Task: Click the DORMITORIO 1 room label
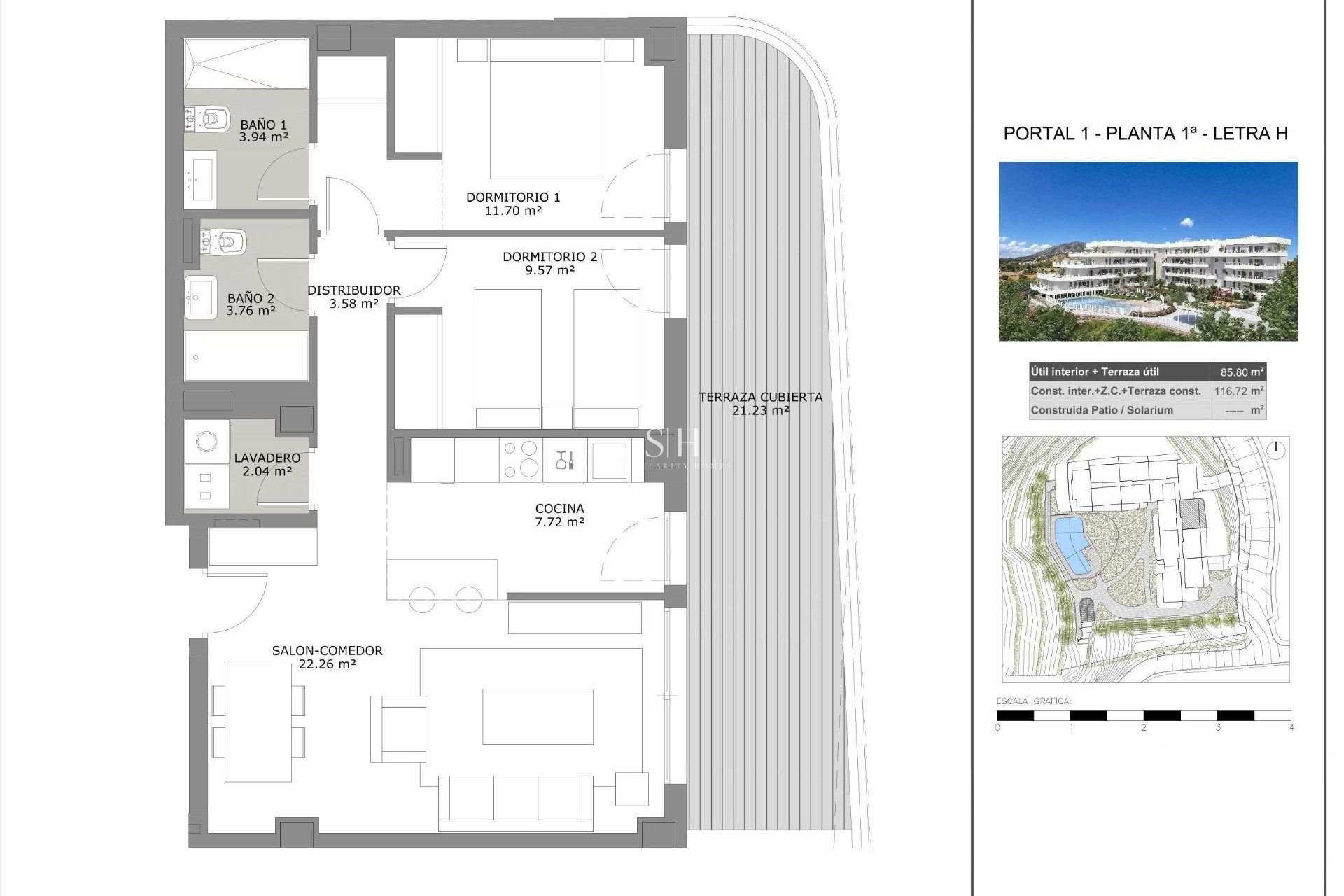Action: coord(513,197)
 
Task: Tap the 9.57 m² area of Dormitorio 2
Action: coord(549,270)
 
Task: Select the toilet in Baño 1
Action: coord(213,120)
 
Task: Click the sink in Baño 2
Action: coord(202,298)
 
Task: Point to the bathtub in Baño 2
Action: coord(246,356)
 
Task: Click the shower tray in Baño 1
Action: coord(246,64)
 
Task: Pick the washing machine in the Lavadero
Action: coord(206,441)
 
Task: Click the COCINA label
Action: coord(559,509)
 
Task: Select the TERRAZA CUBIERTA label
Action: coord(760,397)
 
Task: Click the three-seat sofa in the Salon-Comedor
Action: coord(516,801)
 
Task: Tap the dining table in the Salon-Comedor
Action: coord(258,722)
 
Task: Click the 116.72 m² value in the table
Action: coord(1238,391)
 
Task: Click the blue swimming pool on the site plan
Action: coord(1072,545)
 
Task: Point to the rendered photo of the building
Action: coord(1148,251)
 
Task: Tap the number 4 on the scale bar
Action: coord(1291,728)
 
